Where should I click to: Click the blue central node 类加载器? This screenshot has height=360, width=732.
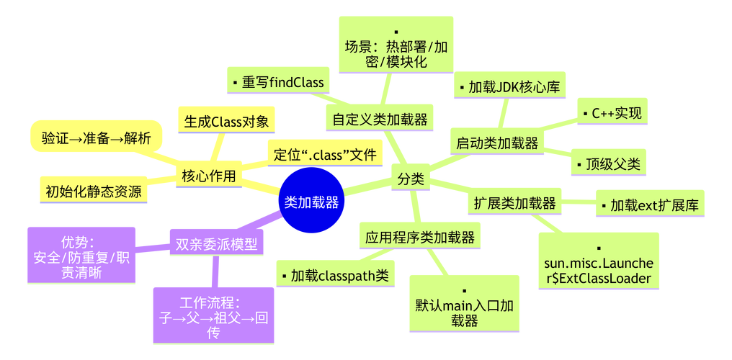point(311,202)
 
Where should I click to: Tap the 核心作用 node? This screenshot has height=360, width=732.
point(209,176)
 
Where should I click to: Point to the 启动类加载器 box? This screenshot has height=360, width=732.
point(497,143)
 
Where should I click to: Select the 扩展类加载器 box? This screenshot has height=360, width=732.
point(515,204)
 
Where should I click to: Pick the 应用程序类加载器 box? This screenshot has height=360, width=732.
point(420,236)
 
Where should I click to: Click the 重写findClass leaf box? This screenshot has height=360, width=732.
point(277,81)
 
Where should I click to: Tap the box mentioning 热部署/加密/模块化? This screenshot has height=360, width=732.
point(396,45)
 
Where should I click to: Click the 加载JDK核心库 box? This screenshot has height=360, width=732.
point(511,87)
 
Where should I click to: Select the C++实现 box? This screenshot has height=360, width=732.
point(610,114)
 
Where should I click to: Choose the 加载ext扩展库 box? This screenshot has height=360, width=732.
point(648,205)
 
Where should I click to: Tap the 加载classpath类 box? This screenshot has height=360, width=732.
point(335,275)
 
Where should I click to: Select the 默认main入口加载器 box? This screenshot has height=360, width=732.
point(464,302)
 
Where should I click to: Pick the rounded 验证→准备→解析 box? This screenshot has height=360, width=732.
point(96,138)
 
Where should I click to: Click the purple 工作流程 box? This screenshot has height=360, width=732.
point(213,315)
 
